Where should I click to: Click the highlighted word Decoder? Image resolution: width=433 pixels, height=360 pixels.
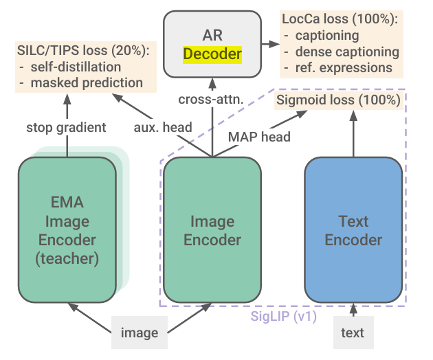tap(212, 54)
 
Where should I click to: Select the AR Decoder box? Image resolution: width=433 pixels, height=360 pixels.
tap(212, 42)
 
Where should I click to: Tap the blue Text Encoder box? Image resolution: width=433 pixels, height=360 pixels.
tap(353, 229)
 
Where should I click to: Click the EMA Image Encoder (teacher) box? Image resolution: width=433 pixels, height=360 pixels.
tap(67, 229)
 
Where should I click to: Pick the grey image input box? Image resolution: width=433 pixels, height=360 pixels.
tap(140, 333)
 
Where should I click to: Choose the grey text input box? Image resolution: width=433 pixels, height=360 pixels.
tap(353, 333)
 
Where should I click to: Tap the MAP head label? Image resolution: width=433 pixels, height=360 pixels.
tap(258, 136)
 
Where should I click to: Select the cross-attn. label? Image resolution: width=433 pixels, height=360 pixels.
tap(212, 100)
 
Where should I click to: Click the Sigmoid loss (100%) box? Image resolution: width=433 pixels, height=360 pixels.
tap(338, 101)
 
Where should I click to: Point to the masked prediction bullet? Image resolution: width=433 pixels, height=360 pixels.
tap(86, 83)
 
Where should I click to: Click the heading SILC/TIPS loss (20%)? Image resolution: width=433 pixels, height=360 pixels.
tap(83, 51)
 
